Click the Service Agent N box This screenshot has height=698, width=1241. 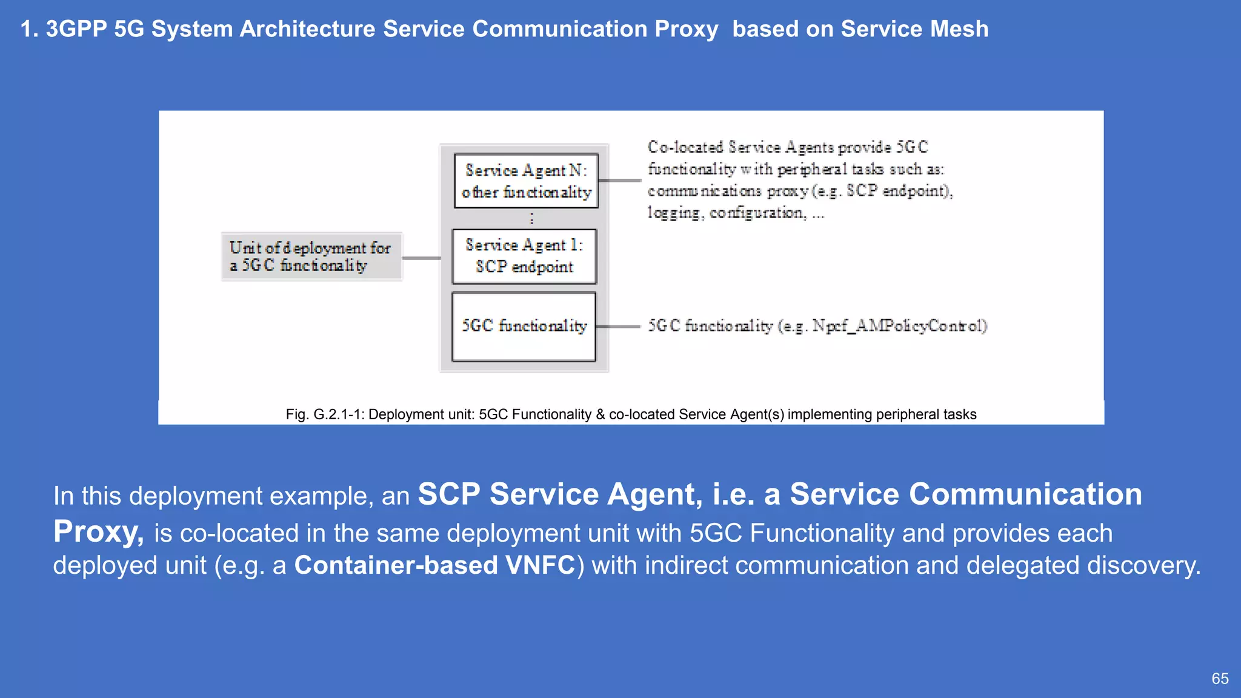pyautogui.click(x=526, y=181)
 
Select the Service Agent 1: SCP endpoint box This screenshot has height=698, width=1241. pyautogui.click(x=524, y=256)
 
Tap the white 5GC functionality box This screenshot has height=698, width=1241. pyautogui.click(x=524, y=327)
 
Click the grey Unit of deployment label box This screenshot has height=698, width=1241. pyautogui.click(x=311, y=256)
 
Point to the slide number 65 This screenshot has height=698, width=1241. pyautogui.click(x=1220, y=679)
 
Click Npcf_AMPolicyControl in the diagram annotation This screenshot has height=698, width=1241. pyautogui.click(x=899, y=326)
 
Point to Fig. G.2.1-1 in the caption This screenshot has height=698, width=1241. pyautogui.click(x=324, y=414)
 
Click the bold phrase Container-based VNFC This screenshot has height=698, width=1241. pyautogui.click(x=434, y=565)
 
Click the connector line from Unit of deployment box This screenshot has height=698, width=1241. pyautogui.click(x=422, y=258)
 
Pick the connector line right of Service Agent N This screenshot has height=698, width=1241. pyautogui.click(x=619, y=181)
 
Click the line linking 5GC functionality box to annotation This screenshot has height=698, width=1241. pyautogui.click(x=618, y=327)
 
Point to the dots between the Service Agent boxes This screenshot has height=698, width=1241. pyautogui.click(x=531, y=218)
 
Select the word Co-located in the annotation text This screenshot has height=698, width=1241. pyautogui.click(x=685, y=147)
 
